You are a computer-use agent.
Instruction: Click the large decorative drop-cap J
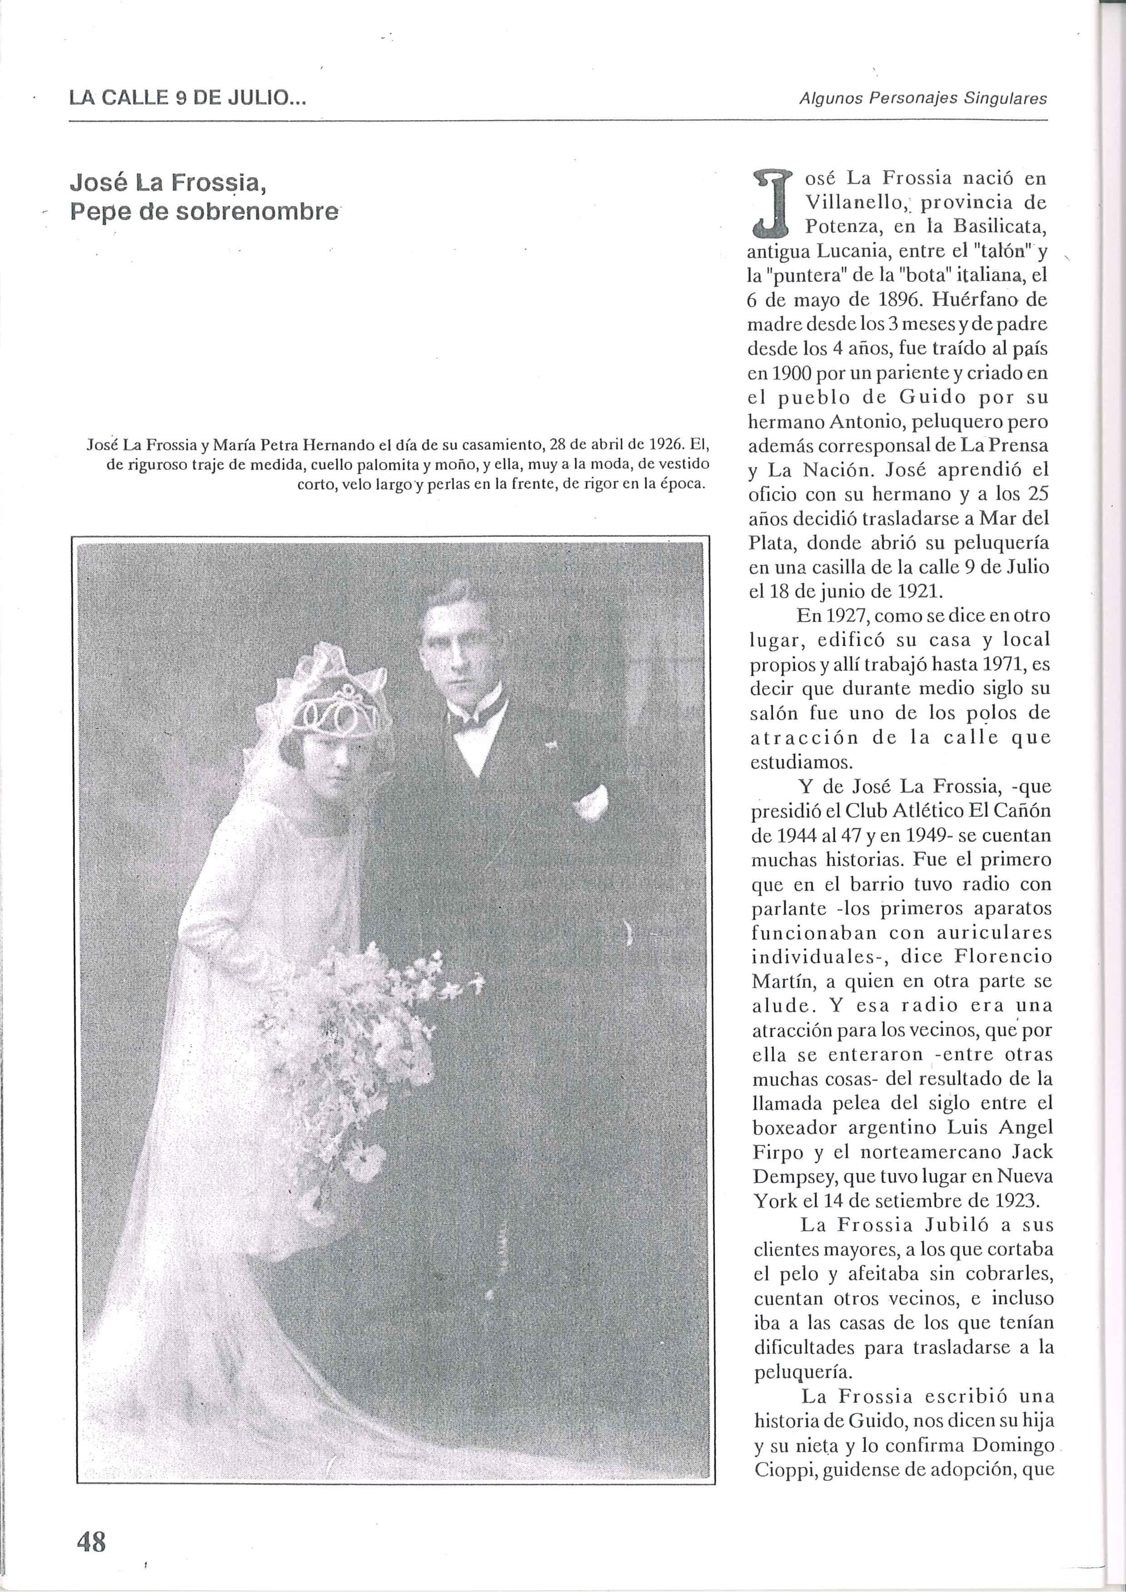[774, 201]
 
